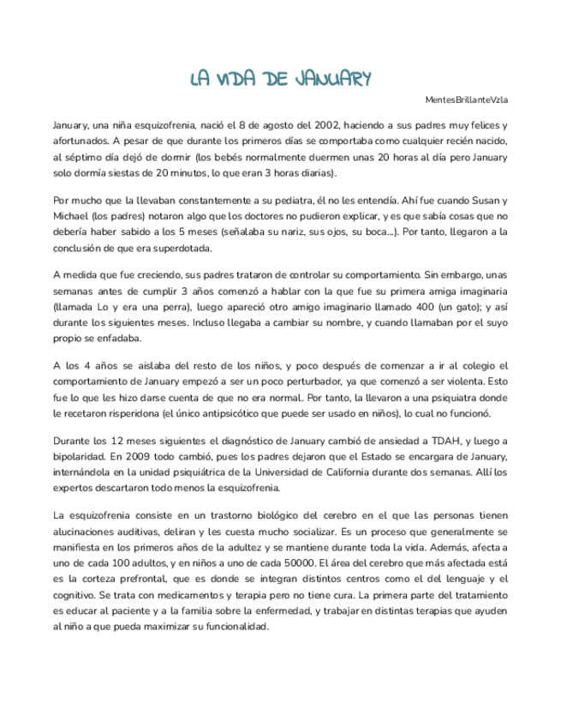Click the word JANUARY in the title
coord(329,80)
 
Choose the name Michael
coord(73,216)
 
